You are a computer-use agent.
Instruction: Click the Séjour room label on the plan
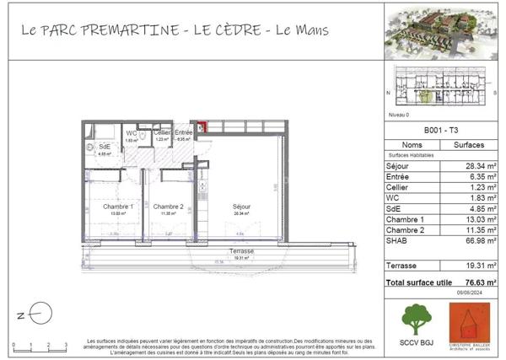point(243,207)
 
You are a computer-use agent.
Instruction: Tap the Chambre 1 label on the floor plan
point(118,207)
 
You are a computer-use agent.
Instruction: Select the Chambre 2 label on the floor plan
point(168,207)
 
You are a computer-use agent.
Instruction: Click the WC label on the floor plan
point(132,133)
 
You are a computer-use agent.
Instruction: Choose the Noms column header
point(411,145)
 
